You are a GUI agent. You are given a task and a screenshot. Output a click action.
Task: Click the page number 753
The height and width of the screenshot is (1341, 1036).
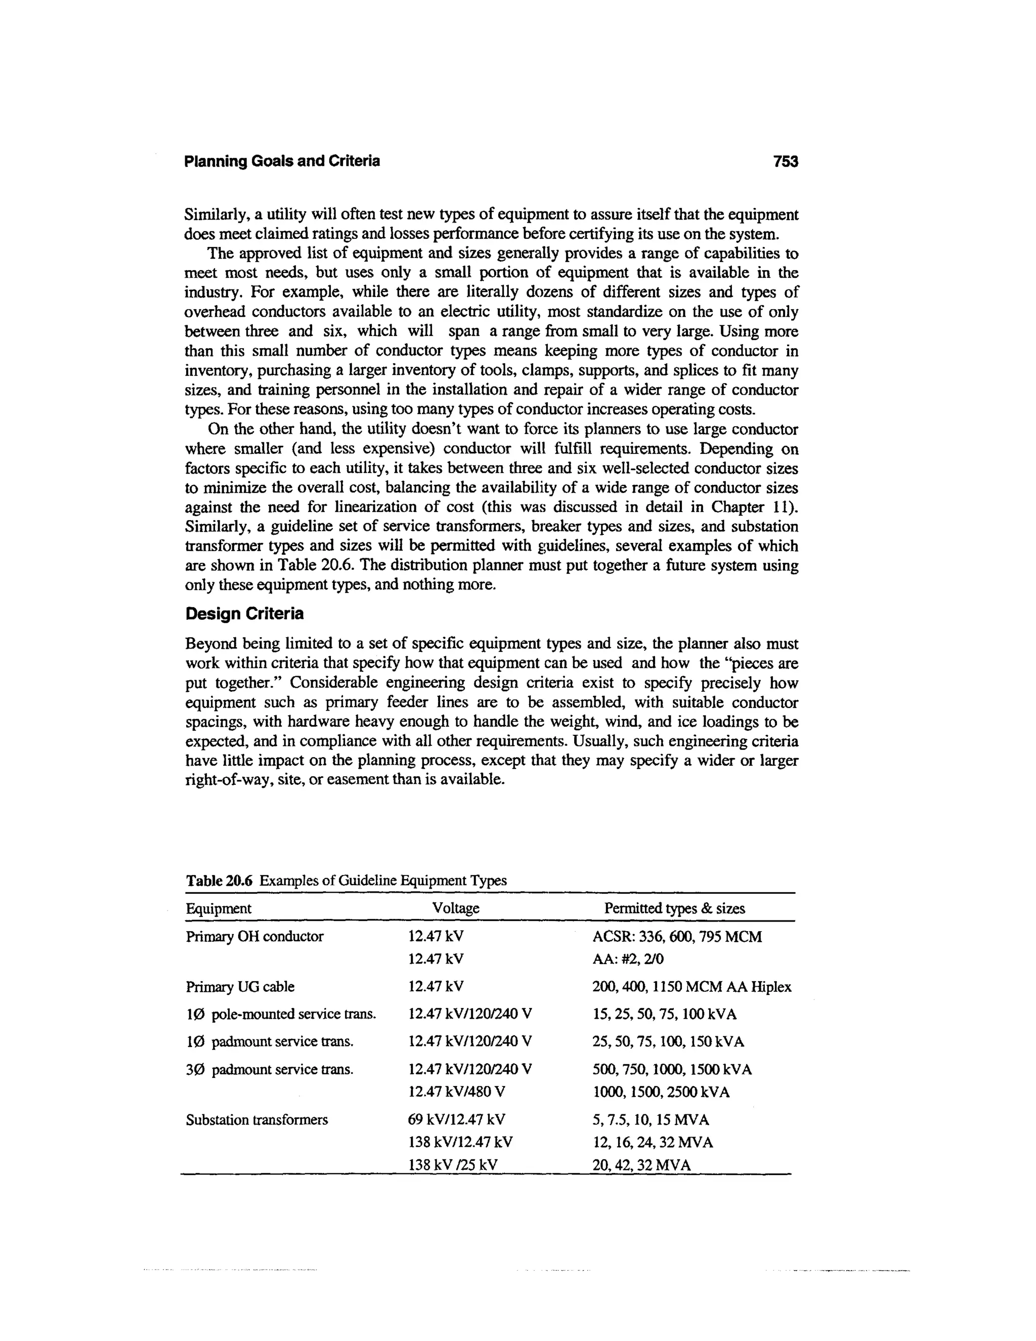[x=785, y=161]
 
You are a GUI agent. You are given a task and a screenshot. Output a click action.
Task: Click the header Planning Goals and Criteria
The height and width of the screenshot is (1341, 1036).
[x=282, y=161]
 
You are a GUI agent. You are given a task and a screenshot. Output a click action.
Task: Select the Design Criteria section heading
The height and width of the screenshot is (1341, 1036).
[x=244, y=613]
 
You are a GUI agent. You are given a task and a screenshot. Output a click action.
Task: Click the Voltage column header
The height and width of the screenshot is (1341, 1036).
[x=455, y=908]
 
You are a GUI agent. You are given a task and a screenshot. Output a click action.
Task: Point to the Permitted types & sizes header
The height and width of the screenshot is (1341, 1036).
[x=674, y=908]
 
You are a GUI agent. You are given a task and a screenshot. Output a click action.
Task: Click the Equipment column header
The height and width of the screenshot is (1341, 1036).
[x=219, y=908]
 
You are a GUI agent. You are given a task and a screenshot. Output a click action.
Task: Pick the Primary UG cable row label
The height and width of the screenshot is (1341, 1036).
[x=240, y=987]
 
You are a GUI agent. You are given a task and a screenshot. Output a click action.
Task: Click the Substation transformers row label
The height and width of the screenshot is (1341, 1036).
[x=256, y=1119]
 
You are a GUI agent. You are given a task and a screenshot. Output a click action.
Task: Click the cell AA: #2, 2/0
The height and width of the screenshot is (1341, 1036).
[x=628, y=958]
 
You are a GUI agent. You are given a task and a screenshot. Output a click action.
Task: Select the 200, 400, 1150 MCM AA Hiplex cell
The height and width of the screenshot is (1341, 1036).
[x=692, y=987]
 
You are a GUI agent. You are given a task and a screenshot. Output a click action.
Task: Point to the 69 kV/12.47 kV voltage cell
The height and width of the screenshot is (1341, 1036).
[x=457, y=1119]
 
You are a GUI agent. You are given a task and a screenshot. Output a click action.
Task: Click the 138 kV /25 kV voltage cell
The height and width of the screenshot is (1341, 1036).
[x=452, y=1165]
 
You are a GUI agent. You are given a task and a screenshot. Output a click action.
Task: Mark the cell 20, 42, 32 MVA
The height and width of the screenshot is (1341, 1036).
[x=641, y=1165]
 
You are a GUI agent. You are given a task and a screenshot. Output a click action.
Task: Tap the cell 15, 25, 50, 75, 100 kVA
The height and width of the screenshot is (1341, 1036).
[x=664, y=1014]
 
